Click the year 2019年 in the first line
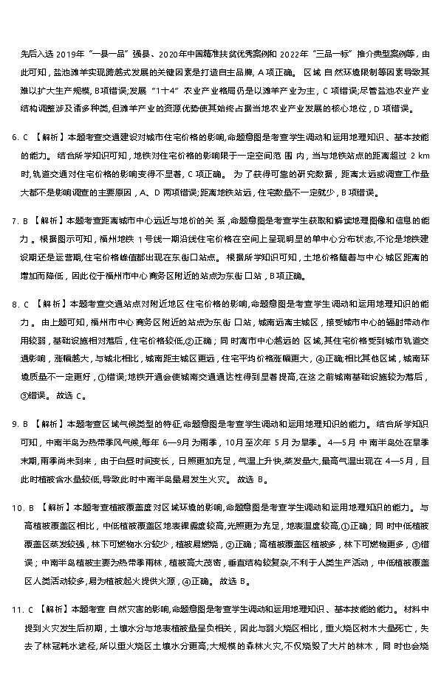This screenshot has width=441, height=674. click(x=65, y=54)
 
